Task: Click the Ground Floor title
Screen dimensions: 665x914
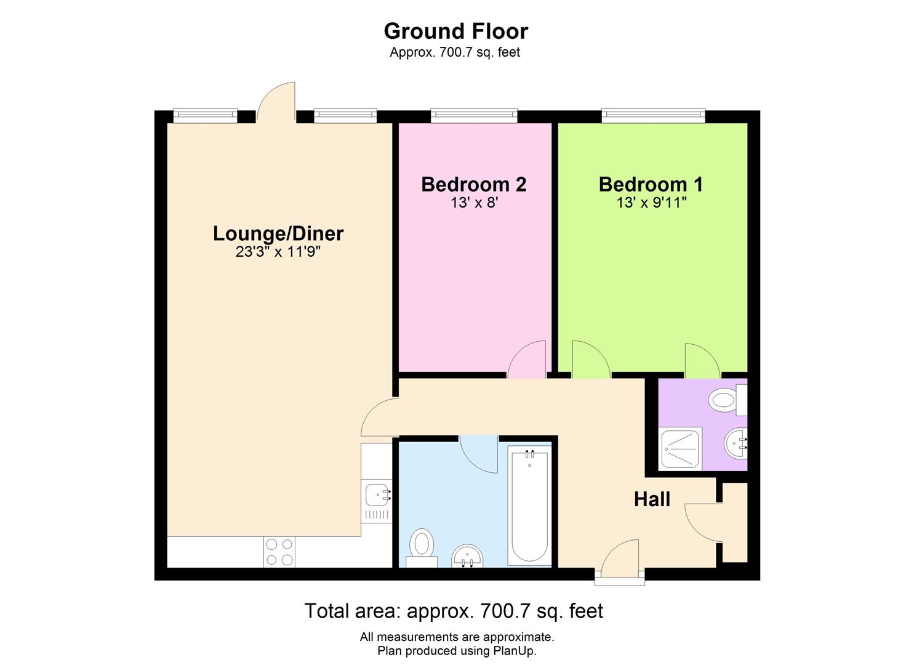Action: pyautogui.click(x=455, y=31)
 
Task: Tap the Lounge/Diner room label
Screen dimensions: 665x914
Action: pyautogui.click(x=278, y=233)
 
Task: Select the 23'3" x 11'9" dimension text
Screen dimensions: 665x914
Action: pyautogui.click(x=278, y=252)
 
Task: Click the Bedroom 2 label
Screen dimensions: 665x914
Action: pyautogui.click(x=473, y=184)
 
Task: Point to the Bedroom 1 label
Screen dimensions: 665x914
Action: pyautogui.click(x=651, y=184)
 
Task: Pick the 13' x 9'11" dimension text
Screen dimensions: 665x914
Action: pyautogui.click(x=651, y=203)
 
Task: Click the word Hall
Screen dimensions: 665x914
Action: pyautogui.click(x=652, y=499)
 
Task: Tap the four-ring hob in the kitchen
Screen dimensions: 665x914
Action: pyautogui.click(x=279, y=552)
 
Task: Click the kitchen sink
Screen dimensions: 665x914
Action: pyautogui.click(x=376, y=494)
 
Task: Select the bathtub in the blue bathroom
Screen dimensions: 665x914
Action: pyautogui.click(x=529, y=506)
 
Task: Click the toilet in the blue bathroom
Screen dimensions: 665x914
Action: pyautogui.click(x=422, y=546)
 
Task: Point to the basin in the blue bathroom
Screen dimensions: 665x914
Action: pyautogui.click(x=468, y=557)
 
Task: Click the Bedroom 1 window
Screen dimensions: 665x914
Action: pyautogui.click(x=652, y=113)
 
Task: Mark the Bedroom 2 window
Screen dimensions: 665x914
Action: pyautogui.click(x=473, y=113)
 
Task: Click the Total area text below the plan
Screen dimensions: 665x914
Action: pyautogui.click(x=454, y=611)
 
